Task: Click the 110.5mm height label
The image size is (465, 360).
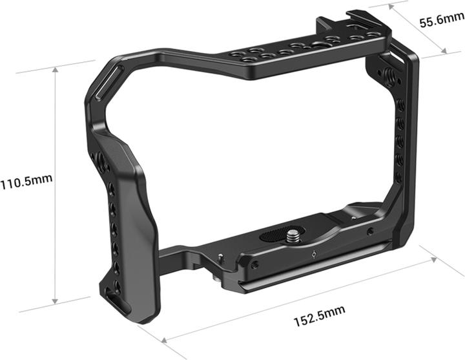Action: tap(27, 183)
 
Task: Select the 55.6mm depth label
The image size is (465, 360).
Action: tap(440, 22)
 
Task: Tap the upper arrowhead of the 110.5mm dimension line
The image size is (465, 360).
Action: tap(56, 67)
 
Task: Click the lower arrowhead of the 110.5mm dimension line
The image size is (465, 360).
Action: tap(56, 301)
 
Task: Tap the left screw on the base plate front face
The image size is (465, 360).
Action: tap(256, 265)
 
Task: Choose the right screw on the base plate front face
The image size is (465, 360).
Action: tap(370, 231)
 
